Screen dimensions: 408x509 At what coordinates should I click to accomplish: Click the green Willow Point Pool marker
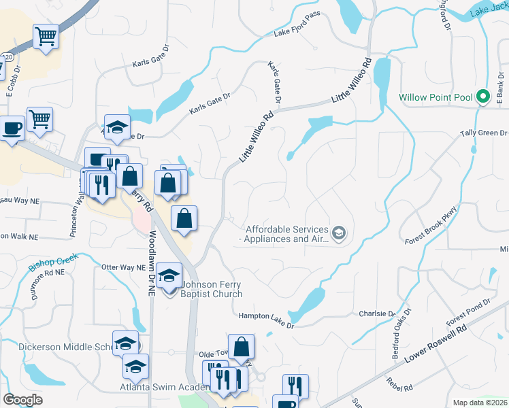pos(483,97)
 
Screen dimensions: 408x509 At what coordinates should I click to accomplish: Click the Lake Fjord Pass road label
pos(297,28)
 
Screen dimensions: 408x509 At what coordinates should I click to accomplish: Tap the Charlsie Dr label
pos(377,314)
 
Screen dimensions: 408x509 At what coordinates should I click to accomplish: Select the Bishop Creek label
pos(54,262)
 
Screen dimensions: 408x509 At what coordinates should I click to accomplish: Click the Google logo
pos(23,399)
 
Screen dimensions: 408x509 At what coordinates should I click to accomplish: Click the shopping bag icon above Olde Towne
pos(242,347)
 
